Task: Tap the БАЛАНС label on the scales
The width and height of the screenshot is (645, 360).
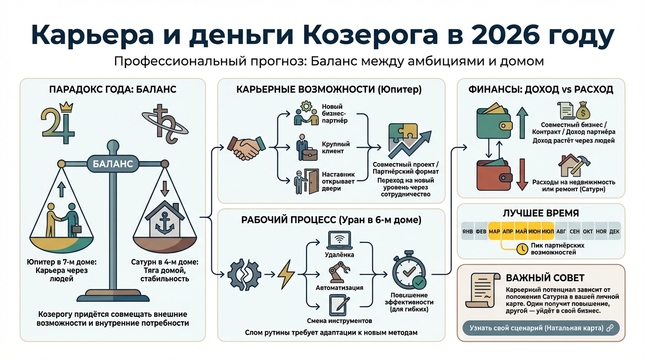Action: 110,164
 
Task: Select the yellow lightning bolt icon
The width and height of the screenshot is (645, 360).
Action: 286,274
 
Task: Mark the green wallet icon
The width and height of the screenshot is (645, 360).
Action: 494,122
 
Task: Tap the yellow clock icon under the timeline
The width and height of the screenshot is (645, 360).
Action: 521,249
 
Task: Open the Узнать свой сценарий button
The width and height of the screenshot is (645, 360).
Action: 541,328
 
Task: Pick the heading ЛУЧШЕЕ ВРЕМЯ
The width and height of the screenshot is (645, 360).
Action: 540,213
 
